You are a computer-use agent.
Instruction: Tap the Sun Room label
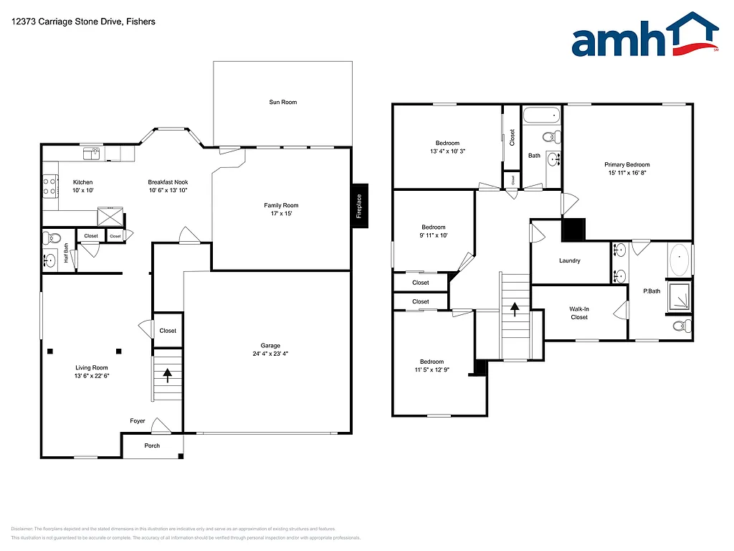[282, 103]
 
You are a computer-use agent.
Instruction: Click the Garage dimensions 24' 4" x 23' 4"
[270, 354]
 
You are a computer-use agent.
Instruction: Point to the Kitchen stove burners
[50, 187]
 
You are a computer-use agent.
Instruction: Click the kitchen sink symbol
[91, 153]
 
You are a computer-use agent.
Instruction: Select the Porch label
[152, 446]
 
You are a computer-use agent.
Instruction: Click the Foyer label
[138, 421]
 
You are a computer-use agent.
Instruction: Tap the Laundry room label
[570, 261]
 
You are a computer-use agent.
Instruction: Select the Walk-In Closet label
[579, 314]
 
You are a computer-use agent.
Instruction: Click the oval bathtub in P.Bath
[678, 260]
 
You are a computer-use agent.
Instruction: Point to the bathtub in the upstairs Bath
[541, 115]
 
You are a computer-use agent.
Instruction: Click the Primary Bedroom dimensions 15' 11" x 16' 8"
[627, 174]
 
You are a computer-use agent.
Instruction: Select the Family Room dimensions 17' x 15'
[281, 214]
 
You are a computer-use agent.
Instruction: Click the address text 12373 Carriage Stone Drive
[83, 22]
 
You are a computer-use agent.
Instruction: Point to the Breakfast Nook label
[168, 182]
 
